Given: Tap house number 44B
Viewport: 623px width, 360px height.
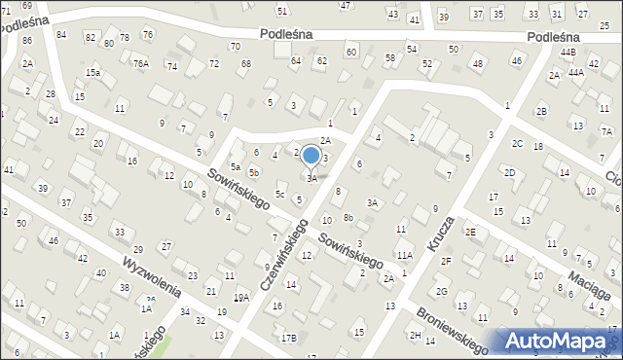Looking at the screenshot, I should (568, 53).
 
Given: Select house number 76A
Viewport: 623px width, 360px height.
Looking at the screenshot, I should (141, 64).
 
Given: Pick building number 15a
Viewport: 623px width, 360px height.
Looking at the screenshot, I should (92, 73).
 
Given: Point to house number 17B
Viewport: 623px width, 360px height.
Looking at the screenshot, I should (289, 338).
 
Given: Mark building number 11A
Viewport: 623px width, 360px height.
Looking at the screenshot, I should (404, 255).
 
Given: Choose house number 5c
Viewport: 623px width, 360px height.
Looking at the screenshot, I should (279, 195).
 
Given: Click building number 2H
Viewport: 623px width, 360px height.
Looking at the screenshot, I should (416, 336).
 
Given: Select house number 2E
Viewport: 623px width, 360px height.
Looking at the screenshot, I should (471, 232).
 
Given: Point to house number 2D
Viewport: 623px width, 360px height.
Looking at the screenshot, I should (509, 173).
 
